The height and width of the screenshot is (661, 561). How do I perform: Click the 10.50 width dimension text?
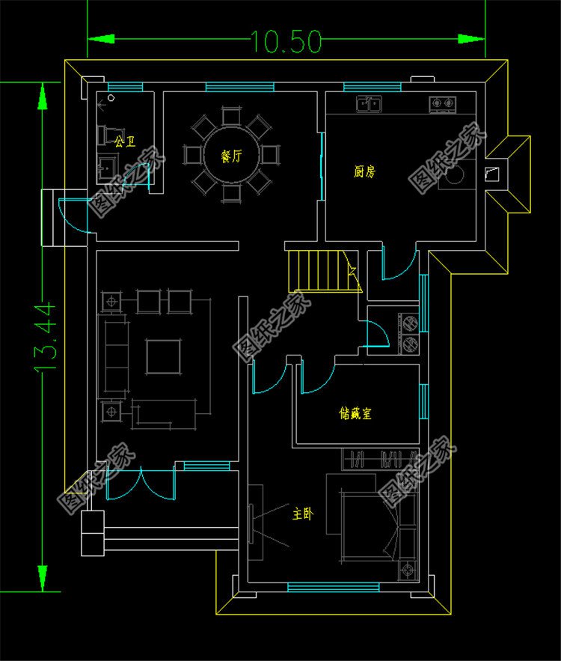(x=286, y=41)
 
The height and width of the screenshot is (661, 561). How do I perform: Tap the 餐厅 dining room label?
(x=231, y=156)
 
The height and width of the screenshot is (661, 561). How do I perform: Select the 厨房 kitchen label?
(x=364, y=171)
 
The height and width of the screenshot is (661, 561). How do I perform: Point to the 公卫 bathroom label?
(x=125, y=141)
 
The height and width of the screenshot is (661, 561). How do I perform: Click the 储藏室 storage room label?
(x=355, y=412)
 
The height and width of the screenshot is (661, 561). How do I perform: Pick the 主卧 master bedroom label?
(x=303, y=514)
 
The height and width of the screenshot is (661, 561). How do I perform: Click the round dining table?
(x=231, y=155)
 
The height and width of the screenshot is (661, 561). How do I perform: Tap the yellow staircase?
(x=325, y=271)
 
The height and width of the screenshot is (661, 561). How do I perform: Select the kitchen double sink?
(x=369, y=104)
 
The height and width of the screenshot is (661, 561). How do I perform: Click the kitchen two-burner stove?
(x=443, y=104)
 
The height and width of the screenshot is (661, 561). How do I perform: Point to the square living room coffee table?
(x=163, y=356)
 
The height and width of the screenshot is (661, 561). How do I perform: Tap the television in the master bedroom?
(x=251, y=523)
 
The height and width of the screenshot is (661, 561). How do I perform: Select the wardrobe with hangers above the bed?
(x=380, y=459)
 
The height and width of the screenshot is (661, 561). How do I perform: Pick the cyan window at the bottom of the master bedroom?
(x=333, y=587)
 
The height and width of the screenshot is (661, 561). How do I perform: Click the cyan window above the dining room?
(x=239, y=87)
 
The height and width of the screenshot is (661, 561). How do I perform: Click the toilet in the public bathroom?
(x=106, y=135)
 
